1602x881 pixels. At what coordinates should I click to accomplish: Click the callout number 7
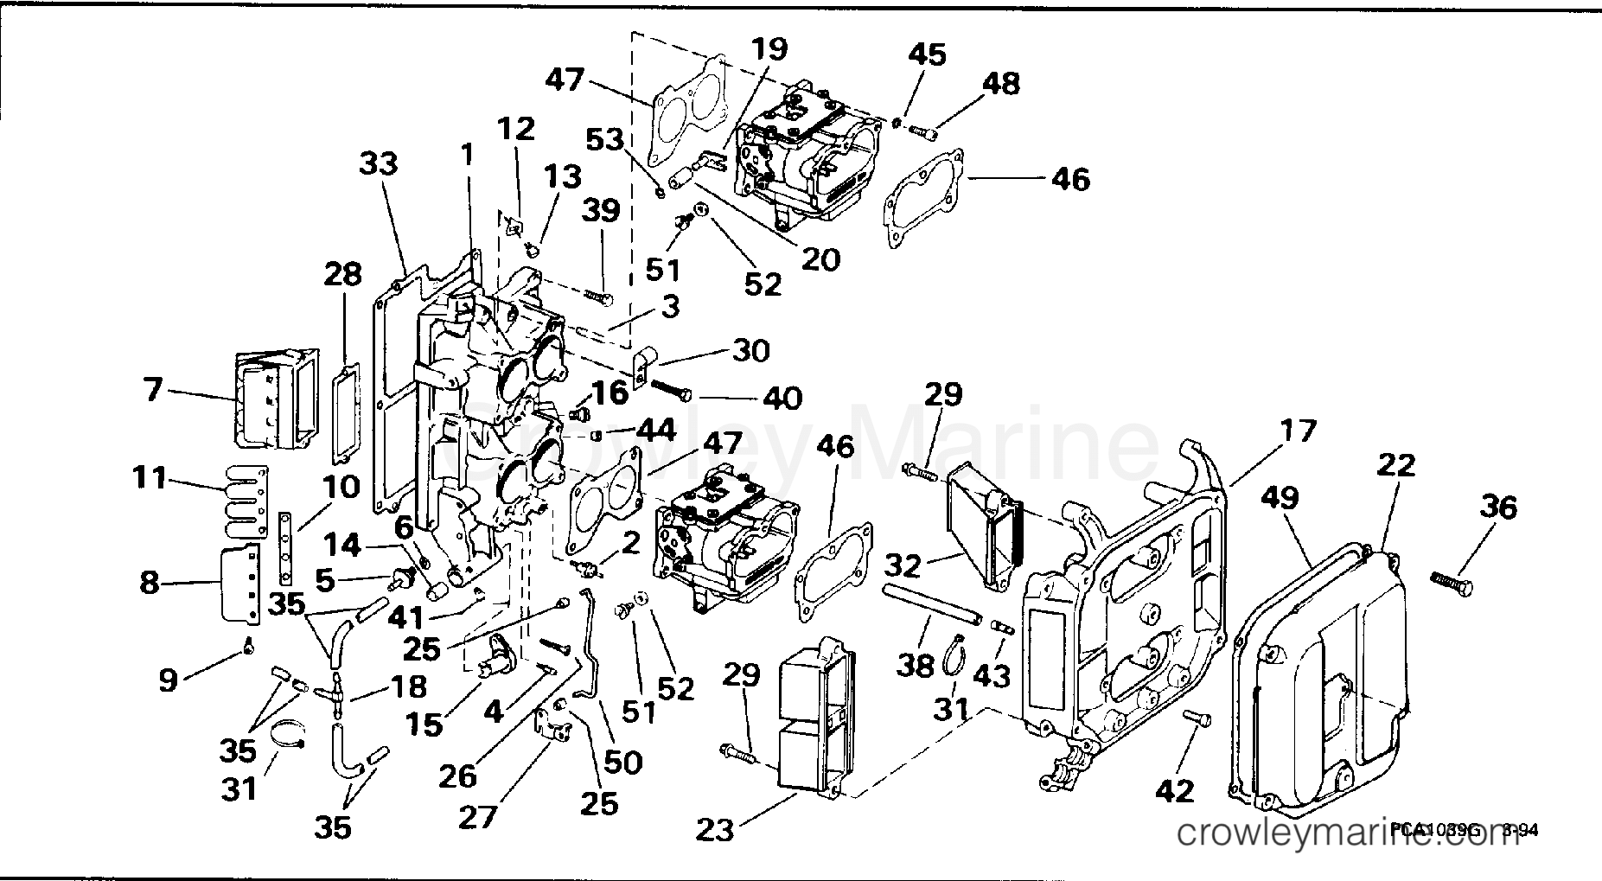[153, 390]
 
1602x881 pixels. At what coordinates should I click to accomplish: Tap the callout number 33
[378, 163]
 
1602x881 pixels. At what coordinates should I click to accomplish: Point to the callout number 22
[1396, 464]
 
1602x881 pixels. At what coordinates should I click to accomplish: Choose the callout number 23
[715, 830]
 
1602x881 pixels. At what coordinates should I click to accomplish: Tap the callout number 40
[781, 398]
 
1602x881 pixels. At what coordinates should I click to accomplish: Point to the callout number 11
[149, 476]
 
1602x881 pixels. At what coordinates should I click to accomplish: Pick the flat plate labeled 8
[240, 584]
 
